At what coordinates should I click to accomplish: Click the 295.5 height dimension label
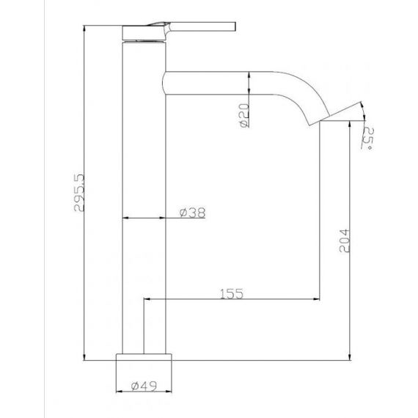79,192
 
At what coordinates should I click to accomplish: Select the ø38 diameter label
192,213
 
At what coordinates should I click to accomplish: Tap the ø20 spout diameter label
244,115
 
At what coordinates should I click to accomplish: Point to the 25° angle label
369,139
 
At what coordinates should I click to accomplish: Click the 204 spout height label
344,241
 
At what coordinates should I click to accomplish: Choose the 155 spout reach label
232,293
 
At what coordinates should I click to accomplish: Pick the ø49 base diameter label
144,386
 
